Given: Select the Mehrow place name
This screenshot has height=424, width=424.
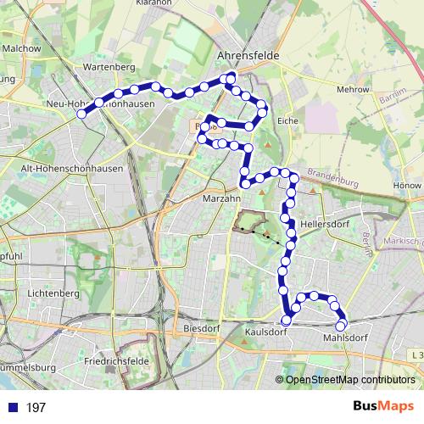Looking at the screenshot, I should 353,88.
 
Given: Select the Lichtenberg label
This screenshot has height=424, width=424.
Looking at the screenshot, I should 53,293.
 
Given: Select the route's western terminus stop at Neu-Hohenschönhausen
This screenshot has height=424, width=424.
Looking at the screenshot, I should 81,114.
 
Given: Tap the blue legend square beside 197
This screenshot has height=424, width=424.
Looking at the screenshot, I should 13,407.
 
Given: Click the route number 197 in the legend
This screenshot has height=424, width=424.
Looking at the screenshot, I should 36,408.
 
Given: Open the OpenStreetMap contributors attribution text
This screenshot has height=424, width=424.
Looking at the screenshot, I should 350,380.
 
